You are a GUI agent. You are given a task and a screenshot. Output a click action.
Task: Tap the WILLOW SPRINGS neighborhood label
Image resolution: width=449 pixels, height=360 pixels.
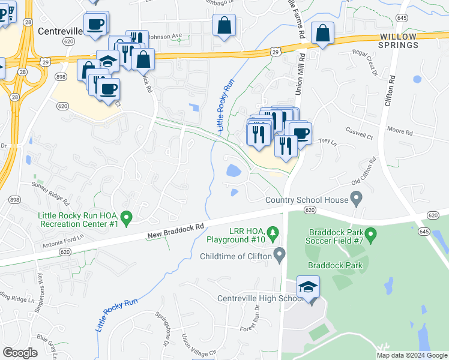(398, 41)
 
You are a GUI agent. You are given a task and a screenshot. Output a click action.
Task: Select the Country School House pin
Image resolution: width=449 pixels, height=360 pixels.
(357, 196)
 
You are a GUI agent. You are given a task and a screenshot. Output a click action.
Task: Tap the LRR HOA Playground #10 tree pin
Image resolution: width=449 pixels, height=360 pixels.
(273, 231)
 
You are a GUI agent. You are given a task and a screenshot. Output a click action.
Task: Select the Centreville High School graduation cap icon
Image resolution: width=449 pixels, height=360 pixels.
(308, 287)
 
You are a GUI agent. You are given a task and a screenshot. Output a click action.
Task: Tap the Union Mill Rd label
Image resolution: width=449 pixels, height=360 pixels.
(301, 71)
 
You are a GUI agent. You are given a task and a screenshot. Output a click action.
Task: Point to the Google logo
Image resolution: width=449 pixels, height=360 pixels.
(20, 353)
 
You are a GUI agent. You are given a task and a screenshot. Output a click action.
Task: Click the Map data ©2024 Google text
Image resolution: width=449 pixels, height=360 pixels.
(412, 355)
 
